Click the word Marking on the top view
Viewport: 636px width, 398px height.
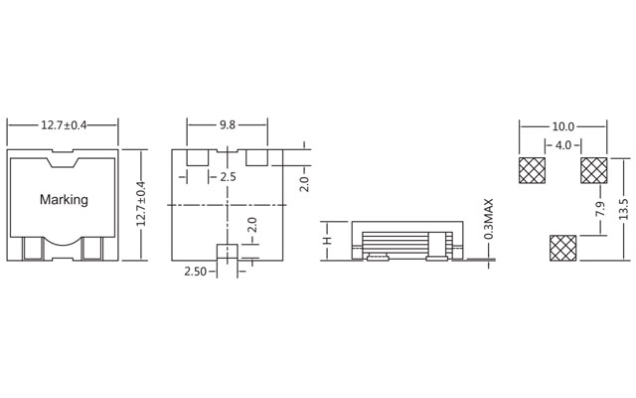pos(64,199)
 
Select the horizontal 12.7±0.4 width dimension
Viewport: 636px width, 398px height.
pos(64,125)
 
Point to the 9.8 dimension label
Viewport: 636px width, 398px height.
pos(228,125)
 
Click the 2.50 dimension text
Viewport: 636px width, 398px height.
pos(195,270)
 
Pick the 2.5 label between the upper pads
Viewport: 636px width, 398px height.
pos(228,176)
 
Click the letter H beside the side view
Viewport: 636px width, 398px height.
pos(326,241)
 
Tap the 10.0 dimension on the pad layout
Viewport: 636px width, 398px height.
pos(562,126)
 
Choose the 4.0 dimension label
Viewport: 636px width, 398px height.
pos(562,145)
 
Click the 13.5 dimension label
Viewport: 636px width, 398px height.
pos(622,210)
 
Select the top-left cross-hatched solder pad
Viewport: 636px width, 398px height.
pos(533,170)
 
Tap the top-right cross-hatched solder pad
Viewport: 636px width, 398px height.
pos(593,170)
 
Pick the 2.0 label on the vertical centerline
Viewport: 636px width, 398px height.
pos(251,225)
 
